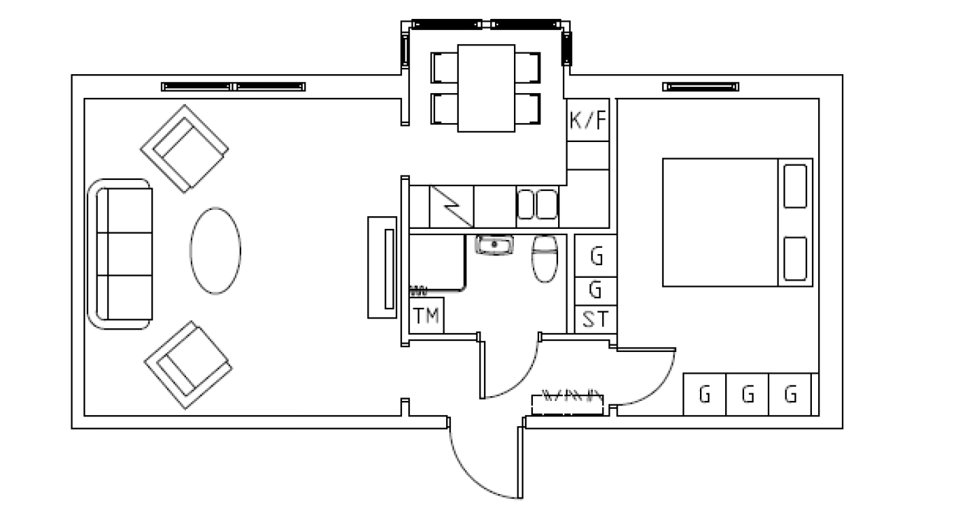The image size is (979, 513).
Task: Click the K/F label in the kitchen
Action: point(588,120)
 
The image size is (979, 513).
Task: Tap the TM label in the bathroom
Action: point(426,316)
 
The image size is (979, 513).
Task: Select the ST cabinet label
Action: point(595,319)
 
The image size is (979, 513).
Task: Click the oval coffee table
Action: point(215,251)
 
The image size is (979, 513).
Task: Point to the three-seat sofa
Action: point(120,253)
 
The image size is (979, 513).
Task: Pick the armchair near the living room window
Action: point(185,148)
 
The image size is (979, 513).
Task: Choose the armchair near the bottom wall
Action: point(188,365)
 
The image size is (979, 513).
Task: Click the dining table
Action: point(486,88)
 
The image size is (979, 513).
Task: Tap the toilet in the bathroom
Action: point(545,259)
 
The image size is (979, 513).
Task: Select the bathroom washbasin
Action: point(494,244)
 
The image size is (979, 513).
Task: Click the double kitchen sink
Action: point(537,204)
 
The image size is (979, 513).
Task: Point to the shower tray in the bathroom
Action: point(438,262)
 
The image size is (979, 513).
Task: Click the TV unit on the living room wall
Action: point(383,267)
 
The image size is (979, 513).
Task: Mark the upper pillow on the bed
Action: point(795,186)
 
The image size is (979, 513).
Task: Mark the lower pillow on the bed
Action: point(795,258)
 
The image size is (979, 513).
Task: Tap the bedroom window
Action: point(701,87)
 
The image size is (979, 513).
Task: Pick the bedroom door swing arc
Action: point(657,388)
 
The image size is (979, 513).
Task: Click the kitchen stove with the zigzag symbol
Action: point(452,206)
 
